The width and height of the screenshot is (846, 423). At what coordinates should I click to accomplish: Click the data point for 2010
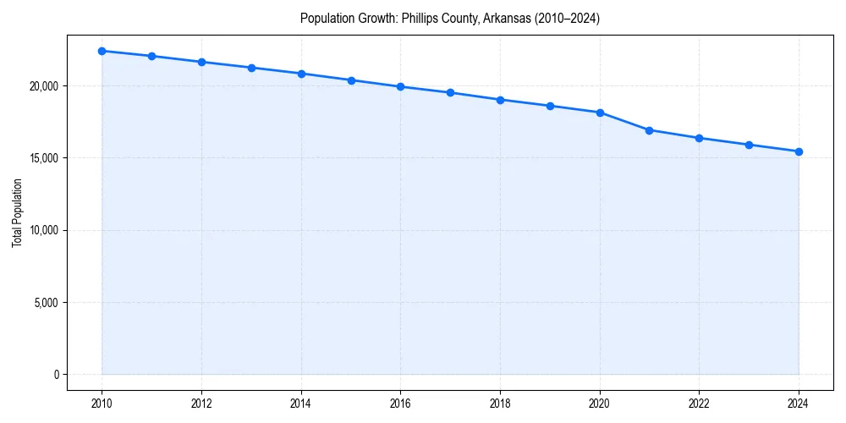pos(102,51)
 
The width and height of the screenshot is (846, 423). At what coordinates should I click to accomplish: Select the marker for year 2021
pos(649,130)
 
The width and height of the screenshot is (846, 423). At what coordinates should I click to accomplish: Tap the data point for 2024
pos(799,151)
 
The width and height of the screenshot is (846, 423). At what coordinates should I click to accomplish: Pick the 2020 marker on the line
pos(600,113)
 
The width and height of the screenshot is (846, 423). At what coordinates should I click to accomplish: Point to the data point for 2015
pos(351,80)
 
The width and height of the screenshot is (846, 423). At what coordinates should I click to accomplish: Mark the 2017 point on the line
pos(450,92)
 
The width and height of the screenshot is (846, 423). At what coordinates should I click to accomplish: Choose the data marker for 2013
pos(251,68)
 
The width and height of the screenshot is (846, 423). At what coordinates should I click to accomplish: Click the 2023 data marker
pos(749,145)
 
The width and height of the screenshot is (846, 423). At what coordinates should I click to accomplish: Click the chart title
pos(450,19)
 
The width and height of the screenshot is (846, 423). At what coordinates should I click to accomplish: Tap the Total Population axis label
pos(17,212)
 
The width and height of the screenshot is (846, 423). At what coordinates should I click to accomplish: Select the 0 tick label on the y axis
pos(55,375)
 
